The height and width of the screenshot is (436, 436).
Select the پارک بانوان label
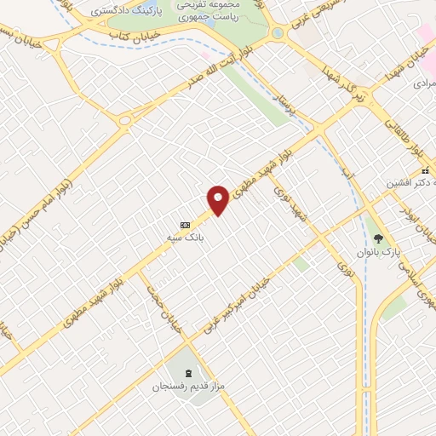click(x=378, y=254)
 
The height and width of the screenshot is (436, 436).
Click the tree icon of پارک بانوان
click(x=378, y=239)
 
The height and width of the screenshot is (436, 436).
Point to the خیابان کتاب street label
click(x=129, y=37)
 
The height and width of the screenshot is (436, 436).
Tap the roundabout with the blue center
click(x=278, y=33)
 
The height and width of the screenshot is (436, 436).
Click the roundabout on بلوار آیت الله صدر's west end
click(x=125, y=119)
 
